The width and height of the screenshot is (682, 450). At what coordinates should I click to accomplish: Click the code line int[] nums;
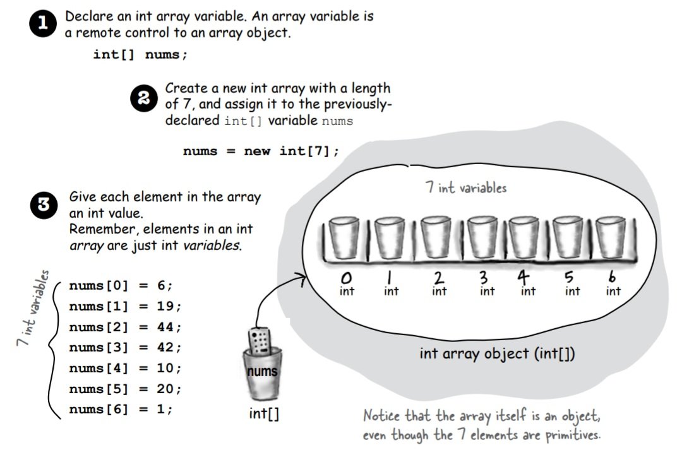140,54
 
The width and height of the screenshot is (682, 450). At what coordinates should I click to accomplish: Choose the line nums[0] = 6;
120,285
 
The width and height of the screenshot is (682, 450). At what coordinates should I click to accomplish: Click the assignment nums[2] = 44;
125,327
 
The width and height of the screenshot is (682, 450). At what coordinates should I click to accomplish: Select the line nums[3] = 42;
125,348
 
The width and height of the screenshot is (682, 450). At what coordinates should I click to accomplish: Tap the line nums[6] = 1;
120,409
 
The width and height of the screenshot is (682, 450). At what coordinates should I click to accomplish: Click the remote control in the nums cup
259,341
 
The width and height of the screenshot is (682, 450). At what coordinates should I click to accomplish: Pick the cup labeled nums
261,376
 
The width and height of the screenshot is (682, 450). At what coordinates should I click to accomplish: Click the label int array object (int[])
497,354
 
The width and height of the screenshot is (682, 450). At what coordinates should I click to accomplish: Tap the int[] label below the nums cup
264,414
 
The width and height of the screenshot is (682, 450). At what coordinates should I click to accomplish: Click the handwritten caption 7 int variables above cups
466,187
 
